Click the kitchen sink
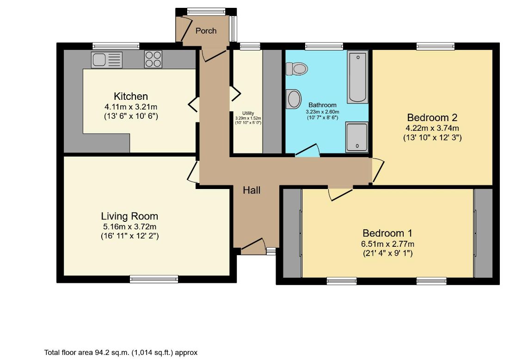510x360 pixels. (107, 60)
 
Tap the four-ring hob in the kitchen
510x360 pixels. (154, 60)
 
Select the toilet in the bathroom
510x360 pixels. (297, 69)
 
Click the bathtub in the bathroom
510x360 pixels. (357, 77)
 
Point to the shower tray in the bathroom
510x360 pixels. (357, 137)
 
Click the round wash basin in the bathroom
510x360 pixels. (294, 98)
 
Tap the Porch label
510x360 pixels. (206, 31)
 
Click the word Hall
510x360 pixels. (252, 190)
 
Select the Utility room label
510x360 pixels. (248, 113)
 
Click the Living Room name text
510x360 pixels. (129, 216)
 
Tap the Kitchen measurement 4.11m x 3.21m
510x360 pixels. (131, 107)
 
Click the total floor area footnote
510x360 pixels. (121, 352)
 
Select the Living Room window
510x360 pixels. (154, 279)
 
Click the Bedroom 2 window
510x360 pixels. (436, 46)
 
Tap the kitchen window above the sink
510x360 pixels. (116, 45)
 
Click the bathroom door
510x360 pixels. (307, 151)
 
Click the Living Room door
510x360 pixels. (193, 172)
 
